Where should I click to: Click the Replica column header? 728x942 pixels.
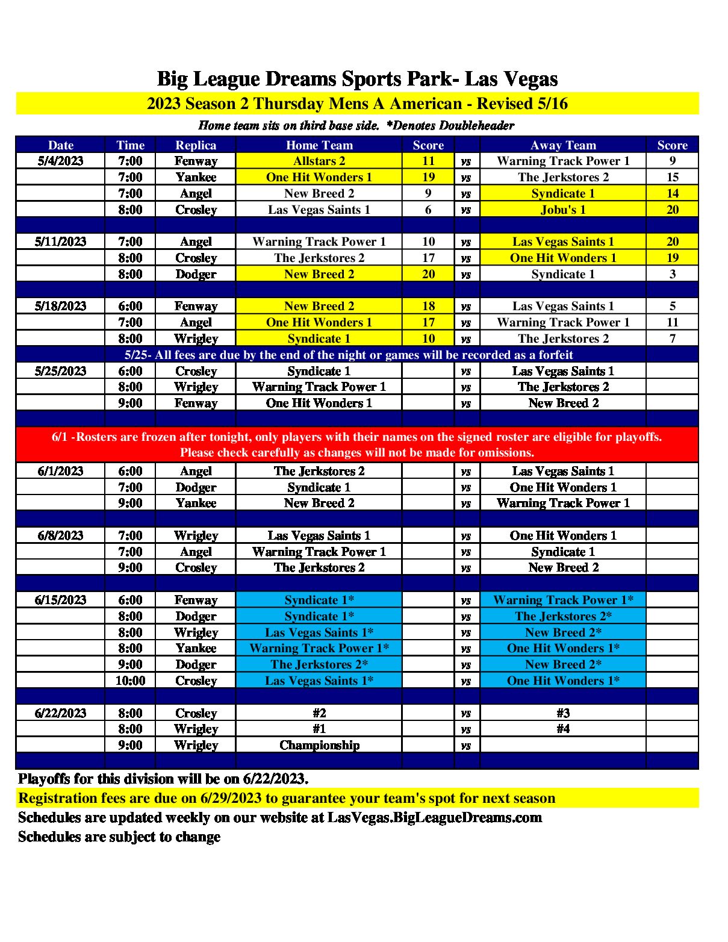click(196, 145)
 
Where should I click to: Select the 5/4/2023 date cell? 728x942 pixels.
click(60, 161)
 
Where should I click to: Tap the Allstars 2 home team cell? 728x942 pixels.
click(319, 161)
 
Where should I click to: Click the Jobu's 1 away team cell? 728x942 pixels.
click(563, 210)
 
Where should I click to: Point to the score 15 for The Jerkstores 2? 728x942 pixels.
click(672, 177)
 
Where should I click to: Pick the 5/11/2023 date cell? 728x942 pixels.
click(60, 242)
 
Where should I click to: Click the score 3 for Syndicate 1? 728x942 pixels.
click(672, 274)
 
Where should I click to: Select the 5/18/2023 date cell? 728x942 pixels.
click(60, 306)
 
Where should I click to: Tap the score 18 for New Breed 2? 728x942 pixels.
click(428, 306)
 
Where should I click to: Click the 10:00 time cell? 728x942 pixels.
click(130, 681)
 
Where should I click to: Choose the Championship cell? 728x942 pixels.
click(319, 745)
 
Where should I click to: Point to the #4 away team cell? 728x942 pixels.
click(563, 729)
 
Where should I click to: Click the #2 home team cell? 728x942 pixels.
click(319, 713)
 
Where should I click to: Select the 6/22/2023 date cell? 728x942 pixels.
click(60, 713)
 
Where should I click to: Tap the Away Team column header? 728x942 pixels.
click(563, 145)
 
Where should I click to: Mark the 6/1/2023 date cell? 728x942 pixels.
click(60, 471)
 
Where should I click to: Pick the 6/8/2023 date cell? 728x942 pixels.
click(60, 535)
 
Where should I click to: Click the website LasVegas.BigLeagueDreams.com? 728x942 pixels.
click(434, 817)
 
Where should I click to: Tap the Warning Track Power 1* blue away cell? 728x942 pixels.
click(563, 600)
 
